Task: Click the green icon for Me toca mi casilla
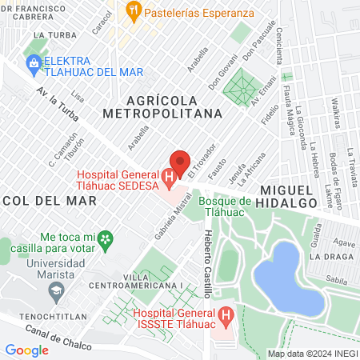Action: click(x=105, y=238)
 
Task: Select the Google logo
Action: click(x=27, y=350)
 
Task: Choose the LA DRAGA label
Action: click(x=330, y=256)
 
